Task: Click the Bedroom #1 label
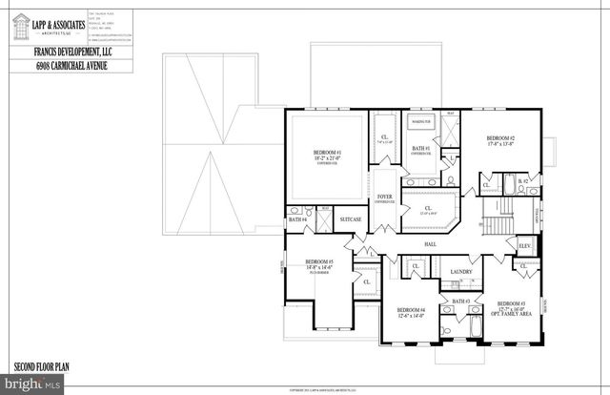(327, 156)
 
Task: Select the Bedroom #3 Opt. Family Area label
(511, 310)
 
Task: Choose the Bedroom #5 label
(319, 264)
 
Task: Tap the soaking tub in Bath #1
(421, 123)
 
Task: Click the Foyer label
(385, 197)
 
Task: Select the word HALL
(430, 244)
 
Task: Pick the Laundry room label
(461, 272)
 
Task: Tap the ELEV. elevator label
(524, 245)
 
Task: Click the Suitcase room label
(351, 219)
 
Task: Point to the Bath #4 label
(296, 219)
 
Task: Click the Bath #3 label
(461, 301)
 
